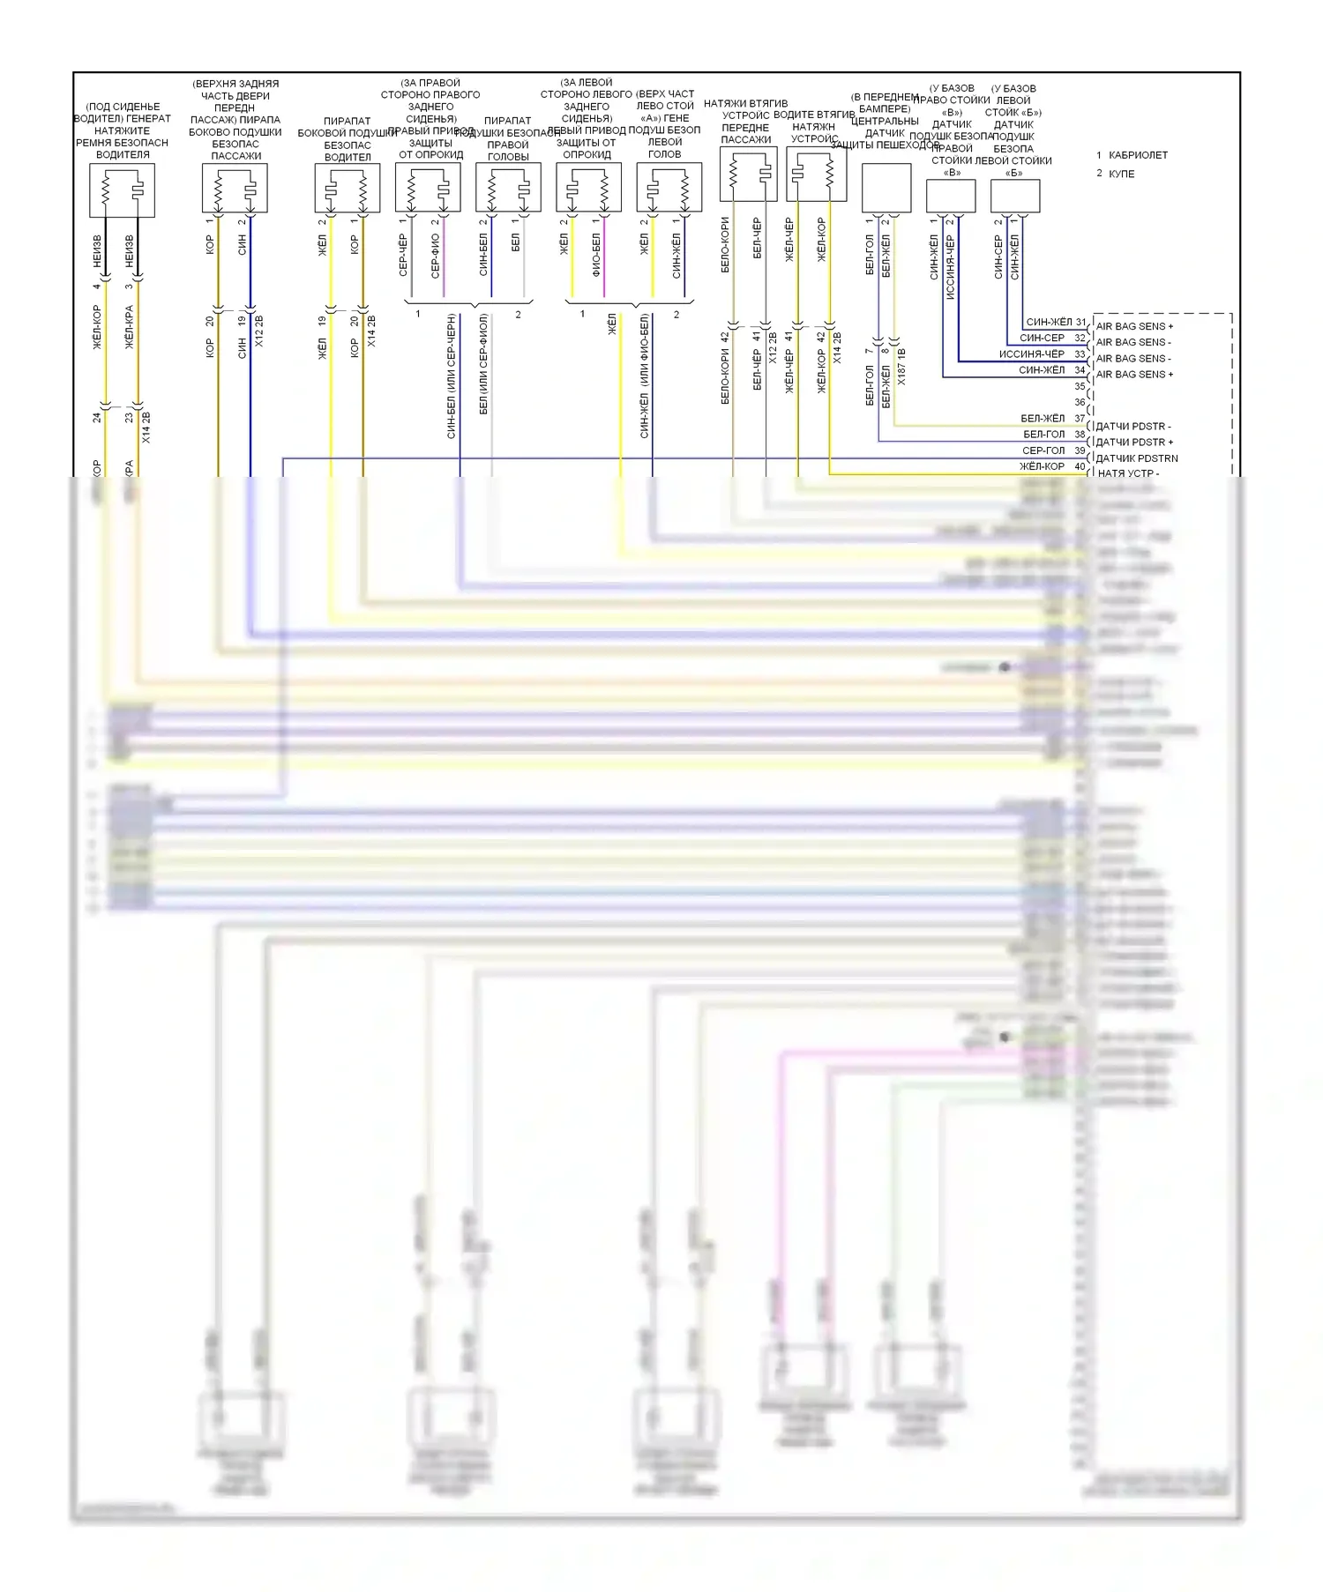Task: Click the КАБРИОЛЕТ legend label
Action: (1138, 155)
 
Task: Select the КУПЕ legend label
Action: (1122, 174)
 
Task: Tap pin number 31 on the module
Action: (1080, 323)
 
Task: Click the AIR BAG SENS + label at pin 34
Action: (1134, 375)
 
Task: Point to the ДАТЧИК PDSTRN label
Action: (1136, 458)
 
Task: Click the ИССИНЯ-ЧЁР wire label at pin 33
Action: (1031, 354)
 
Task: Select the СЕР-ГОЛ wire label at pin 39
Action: (1043, 450)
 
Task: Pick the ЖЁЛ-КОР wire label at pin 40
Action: (1042, 466)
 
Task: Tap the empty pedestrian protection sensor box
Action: (886, 188)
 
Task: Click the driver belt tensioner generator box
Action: (122, 190)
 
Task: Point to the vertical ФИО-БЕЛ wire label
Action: (596, 255)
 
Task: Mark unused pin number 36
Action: (1080, 403)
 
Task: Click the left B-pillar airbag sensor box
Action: (1015, 196)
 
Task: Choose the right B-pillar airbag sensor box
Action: (950, 196)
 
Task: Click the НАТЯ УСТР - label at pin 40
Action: (1128, 473)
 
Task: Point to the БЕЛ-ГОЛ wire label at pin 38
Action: (1043, 435)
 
